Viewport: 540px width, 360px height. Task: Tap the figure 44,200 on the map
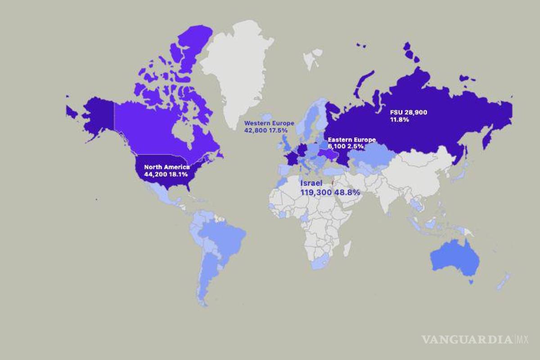pyautogui.click(x=155, y=174)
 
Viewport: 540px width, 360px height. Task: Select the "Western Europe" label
pyautogui.click(x=269, y=123)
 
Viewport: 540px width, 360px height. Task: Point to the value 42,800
pyautogui.click(x=256, y=130)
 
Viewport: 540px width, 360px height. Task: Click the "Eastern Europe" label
pyautogui.click(x=351, y=139)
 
